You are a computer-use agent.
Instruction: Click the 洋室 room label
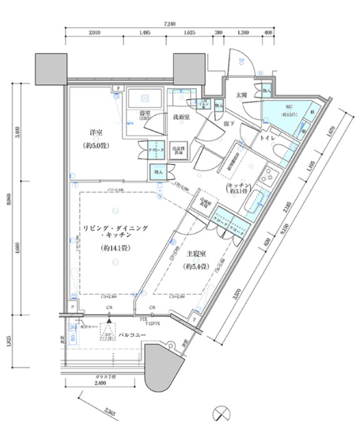96,133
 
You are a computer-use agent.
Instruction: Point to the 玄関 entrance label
242,94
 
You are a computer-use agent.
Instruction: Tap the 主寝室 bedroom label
197,254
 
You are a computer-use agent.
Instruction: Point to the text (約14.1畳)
113,248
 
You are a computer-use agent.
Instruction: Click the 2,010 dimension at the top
95,33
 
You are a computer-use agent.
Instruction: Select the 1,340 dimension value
244,33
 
